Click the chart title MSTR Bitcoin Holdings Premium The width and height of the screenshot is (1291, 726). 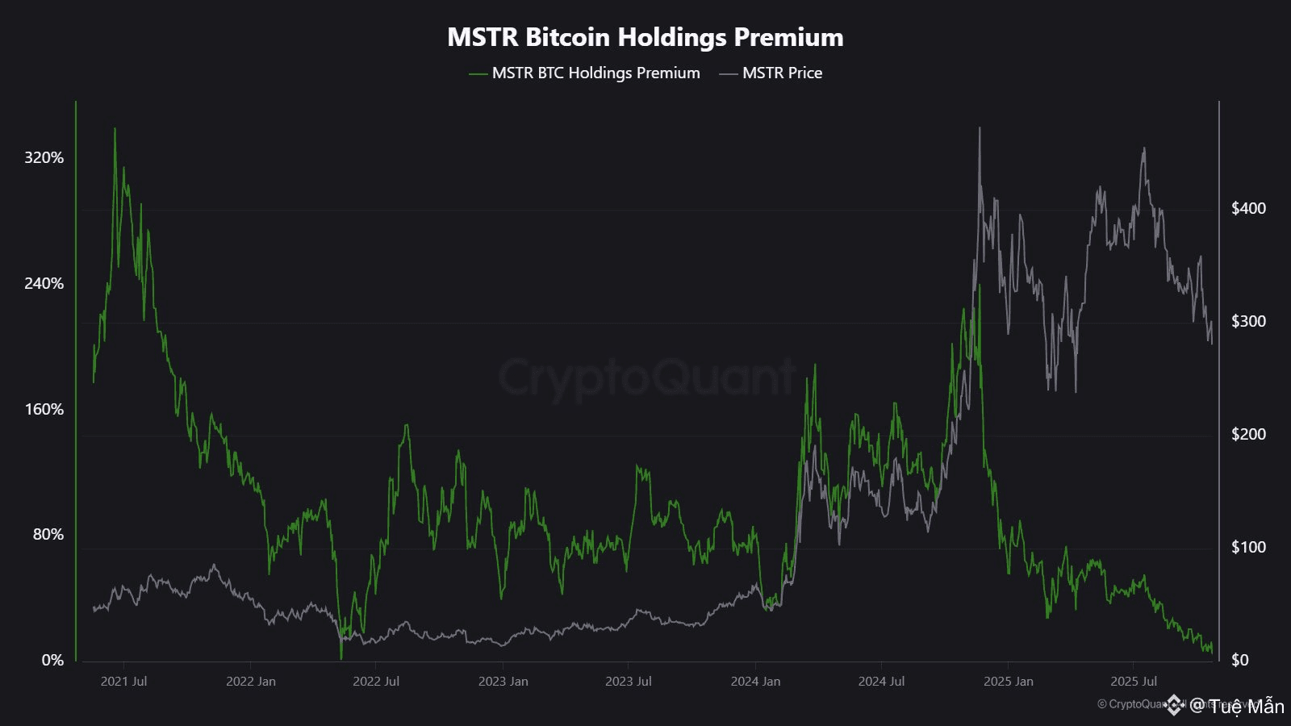[645, 37]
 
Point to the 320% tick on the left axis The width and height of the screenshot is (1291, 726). [44, 157]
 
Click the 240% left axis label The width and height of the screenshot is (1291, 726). [44, 283]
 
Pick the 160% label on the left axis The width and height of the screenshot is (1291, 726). [44, 409]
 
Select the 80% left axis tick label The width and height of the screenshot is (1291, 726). [48, 534]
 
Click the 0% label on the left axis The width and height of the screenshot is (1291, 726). [52, 660]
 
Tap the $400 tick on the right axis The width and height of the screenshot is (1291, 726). [1248, 208]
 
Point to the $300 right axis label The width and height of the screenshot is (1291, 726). [1248, 321]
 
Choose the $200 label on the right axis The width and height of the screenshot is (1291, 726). [1248, 434]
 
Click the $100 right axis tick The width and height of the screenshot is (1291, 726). [1248, 547]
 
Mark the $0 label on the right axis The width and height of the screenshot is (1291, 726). [1239, 660]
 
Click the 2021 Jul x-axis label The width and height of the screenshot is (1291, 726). [123, 682]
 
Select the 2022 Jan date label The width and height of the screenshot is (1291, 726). [250, 682]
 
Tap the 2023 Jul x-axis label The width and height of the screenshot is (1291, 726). [629, 682]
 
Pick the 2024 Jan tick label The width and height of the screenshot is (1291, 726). [755, 682]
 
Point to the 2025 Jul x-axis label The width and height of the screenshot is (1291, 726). [1134, 682]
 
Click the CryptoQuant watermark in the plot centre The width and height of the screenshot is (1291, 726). [645, 378]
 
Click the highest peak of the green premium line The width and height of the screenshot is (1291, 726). [115, 129]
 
